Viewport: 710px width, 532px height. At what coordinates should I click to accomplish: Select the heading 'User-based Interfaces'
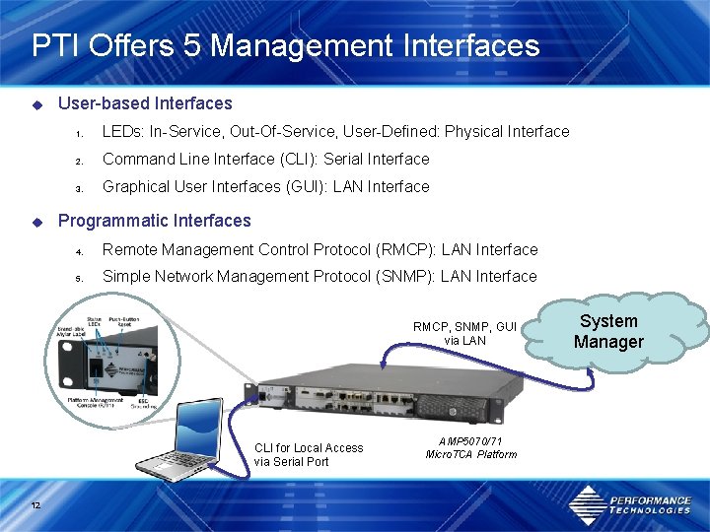[x=145, y=103]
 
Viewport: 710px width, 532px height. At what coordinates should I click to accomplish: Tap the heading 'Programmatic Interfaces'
[x=155, y=221]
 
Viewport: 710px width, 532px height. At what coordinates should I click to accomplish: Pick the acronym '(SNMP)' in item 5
[x=403, y=276]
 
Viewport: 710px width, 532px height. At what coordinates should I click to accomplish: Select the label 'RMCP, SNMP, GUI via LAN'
[x=464, y=333]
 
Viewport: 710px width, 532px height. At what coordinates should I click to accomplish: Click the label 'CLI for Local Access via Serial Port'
[x=309, y=454]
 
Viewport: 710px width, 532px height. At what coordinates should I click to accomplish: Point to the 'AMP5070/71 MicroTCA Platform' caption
[x=470, y=447]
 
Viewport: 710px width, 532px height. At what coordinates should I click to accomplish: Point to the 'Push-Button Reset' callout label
[x=125, y=321]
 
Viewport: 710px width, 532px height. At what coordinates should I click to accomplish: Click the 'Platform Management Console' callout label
[x=94, y=402]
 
